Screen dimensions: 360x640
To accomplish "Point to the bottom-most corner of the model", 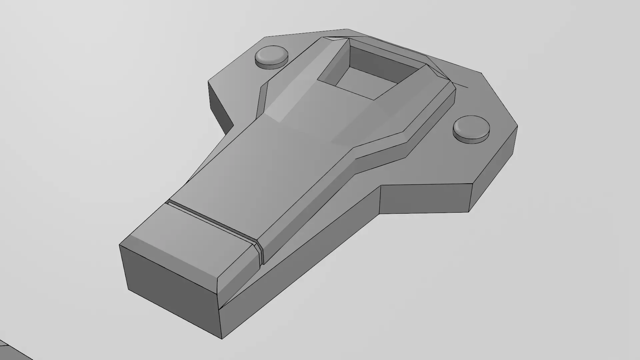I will tap(222, 339).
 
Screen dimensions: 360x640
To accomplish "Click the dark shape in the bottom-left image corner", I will tap(10, 352).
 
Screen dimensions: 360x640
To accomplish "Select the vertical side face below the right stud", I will tap(493, 173).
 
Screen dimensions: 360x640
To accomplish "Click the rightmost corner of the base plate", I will tap(517, 126).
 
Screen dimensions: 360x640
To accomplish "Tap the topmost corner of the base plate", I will tap(347, 29).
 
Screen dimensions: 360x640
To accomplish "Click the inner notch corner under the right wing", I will tap(381, 187).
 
